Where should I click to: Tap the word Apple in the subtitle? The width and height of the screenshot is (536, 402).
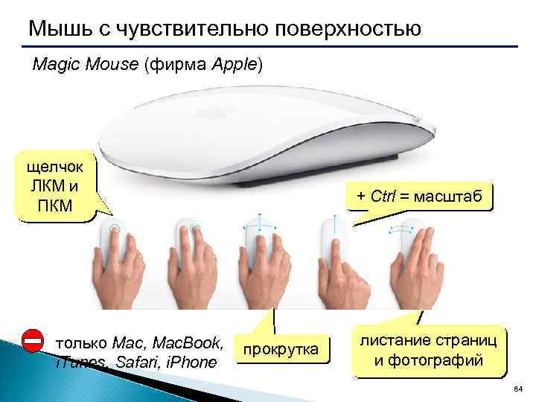[x=234, y=66]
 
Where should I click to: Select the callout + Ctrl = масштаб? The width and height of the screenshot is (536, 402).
[x=420, y=197]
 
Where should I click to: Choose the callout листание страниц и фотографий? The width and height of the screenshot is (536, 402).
[x=428, y=351]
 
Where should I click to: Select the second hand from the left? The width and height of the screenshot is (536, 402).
[x=191, y=264]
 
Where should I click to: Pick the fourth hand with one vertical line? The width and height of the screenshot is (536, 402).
[x=335, y=264]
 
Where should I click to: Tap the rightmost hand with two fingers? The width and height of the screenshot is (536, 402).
[x=414, y=264]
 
